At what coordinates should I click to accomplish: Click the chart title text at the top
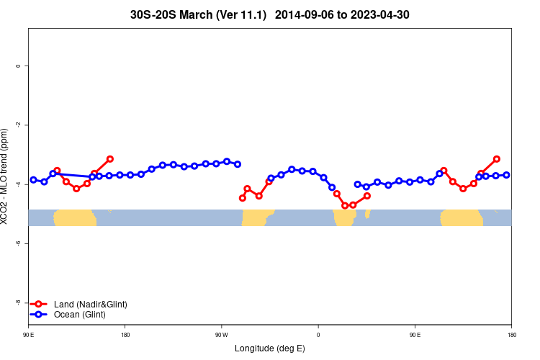(x=270, y=14)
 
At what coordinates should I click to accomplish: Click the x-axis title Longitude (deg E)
(x=270, y=348)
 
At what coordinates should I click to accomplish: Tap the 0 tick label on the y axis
(x=18, y=66)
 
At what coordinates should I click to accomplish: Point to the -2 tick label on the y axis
(x=18, y=125)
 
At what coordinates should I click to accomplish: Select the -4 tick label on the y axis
(x=18, y=184)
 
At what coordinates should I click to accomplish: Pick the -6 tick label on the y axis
(x=18, y=243)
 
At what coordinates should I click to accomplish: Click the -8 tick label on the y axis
(x=18, y=302)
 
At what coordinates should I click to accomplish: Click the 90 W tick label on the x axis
(x=221, y=334)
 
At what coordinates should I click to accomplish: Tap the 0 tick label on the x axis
(x=318, y=334)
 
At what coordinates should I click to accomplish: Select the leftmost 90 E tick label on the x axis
(x=29, y=334)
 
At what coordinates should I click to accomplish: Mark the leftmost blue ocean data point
(x=33, y=180)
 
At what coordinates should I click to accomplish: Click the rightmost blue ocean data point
(x=507, y=175)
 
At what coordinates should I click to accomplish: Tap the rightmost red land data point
(x=497, y=158)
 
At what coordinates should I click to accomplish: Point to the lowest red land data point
(x=345, y=206)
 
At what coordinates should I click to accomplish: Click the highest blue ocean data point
(x=227, y=161)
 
